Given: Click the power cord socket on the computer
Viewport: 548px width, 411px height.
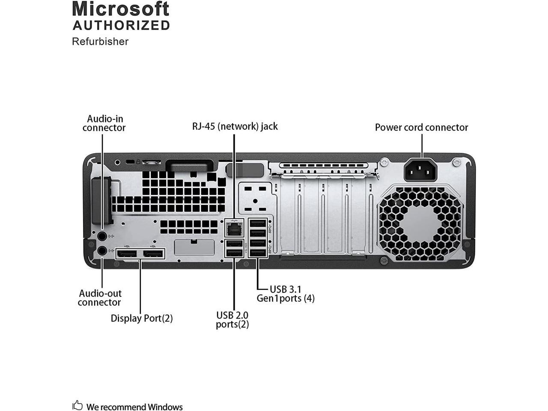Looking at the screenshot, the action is pyautogui.click(x=421, y=170).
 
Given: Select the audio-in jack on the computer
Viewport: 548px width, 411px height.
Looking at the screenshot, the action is pyautogui.click(x=102, y=236).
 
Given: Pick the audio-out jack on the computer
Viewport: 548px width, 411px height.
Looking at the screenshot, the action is pyautogui.click(x=102, y=251).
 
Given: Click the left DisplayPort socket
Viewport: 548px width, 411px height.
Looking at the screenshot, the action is pyautogui.click(x=127, y=254).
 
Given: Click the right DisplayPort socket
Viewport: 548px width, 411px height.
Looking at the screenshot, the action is pyautogui.click(x=153, y=254).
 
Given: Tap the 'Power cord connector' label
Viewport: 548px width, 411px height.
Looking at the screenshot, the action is pyautogui.click(x=421, y=127).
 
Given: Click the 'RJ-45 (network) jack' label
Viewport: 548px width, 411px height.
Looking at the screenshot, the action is pyautogui.click(x=235, y=126).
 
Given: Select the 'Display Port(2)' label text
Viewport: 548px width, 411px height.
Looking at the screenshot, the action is pyautogui.click(x=142, y=318).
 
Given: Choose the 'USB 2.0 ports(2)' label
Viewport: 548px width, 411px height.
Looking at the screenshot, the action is pyautogui.click(x=232, y=320).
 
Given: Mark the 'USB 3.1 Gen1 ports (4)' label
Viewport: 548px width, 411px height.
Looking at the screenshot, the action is pyautogui.click(x=286, y=294).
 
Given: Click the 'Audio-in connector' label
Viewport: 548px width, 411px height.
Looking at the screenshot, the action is pyautogui.click(x=104, y=123).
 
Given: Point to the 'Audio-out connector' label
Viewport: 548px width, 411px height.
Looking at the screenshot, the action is pyautogui.click(x=100, y=298).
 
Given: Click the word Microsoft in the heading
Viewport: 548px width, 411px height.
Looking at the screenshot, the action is pyautogui.click(x=121, y=9).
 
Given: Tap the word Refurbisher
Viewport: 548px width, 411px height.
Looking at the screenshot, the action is pyautogui.click(x=100, y=42).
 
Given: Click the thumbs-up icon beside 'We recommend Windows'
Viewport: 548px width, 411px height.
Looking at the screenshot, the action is pyautogui.click(x=77, y=405).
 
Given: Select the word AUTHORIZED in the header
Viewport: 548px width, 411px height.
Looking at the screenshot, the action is pyautogui.click(x=121, y=25).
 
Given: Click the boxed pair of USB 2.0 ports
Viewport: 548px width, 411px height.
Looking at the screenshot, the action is pyautogui.click(x=234, y=248).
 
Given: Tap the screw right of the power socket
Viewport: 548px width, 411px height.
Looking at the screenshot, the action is pyautogui.click(x=457, y=162).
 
